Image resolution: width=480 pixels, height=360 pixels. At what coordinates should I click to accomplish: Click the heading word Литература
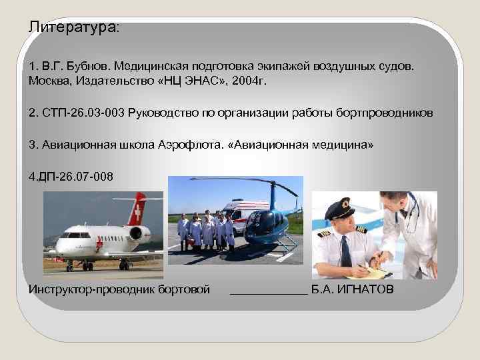pyautogui.click(x=72, y=28)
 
